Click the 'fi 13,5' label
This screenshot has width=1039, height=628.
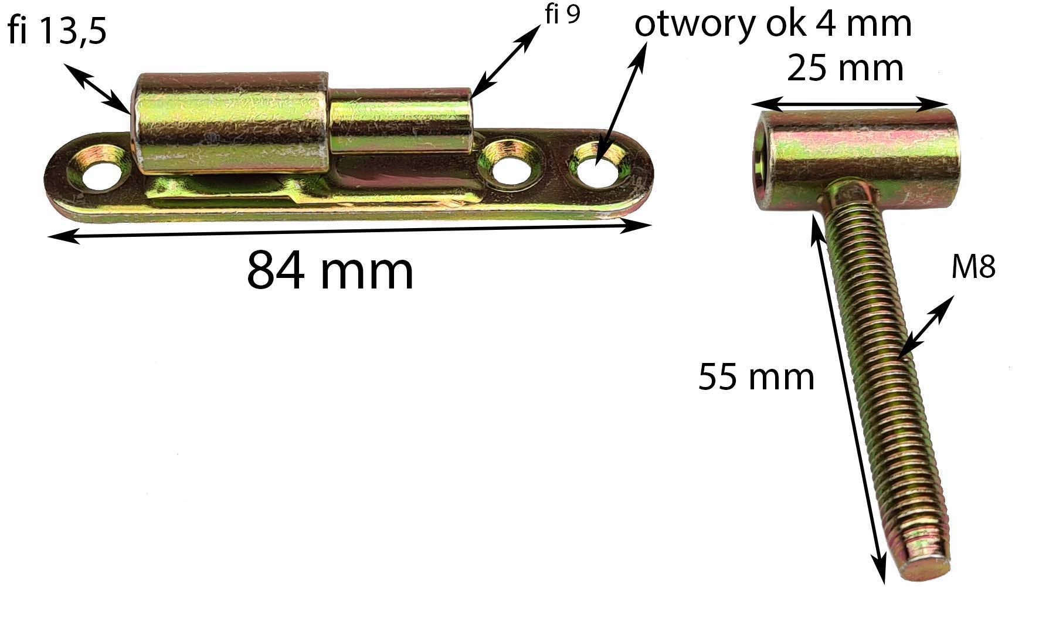pos(57,30)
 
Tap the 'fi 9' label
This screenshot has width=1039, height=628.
pos(562,15)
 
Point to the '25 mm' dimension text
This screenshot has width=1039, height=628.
pos(845,68)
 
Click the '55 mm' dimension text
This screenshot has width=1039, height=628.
pos(756,376)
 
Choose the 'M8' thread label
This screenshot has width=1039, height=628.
pos(973,268)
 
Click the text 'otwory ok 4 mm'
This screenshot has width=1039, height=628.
pos(773,25)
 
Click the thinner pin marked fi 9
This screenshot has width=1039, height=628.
pos(402,121)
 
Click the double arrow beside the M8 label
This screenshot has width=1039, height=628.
pos(925,327)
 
